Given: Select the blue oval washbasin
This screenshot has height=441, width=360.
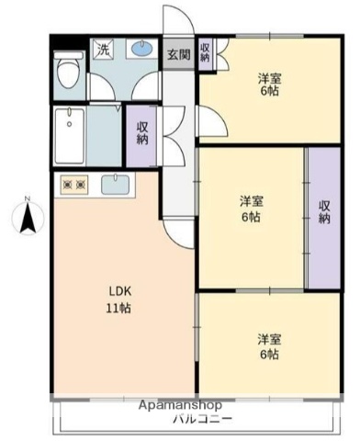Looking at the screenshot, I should (x=141, y=50).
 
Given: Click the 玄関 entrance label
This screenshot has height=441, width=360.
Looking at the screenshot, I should (x=178, y=54).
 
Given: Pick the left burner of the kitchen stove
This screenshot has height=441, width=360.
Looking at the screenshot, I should (x=67, y=186).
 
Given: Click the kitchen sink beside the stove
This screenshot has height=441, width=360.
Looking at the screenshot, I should (x=115, y=185).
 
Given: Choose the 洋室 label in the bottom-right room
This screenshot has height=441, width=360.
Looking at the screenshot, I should (x=268, y=339).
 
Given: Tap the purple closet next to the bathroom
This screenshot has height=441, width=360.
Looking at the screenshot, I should (x=142, y=133).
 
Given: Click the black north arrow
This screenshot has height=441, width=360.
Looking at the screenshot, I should (x=28, y=220).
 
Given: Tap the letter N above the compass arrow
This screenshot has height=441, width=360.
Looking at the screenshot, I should (x=28, y=200).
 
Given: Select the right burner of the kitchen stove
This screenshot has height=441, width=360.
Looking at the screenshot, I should (x=81, y=186).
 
